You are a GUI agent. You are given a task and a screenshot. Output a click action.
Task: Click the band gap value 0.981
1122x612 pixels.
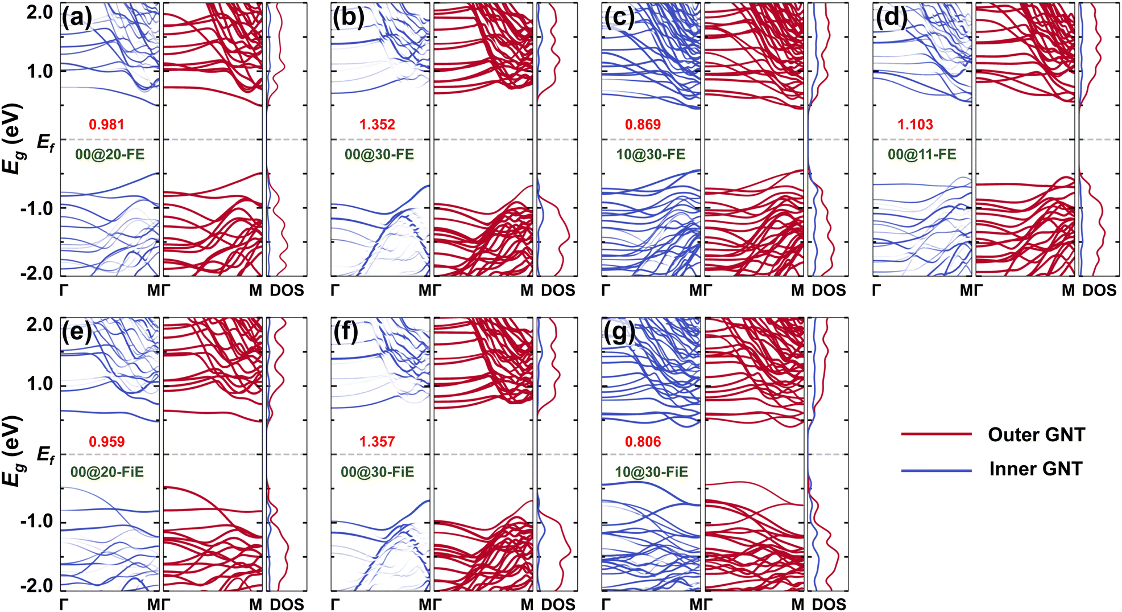(x=106, y=125)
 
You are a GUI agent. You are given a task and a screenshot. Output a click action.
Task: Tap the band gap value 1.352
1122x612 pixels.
(x=377, y=125)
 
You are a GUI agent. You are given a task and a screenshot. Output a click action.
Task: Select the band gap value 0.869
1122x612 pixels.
(x=643, y=125)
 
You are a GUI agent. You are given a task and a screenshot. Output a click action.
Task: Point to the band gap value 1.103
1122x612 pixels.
(x=915, y=125)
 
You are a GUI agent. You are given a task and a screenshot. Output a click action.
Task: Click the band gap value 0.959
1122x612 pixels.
(x=106, y=442)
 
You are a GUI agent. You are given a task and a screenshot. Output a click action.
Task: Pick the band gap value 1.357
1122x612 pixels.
(x=377, y=442)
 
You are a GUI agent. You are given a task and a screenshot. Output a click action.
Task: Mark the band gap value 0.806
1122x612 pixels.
(x=643, y=442)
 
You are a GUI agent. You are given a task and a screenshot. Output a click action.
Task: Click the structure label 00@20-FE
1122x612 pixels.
(x=110, y=154)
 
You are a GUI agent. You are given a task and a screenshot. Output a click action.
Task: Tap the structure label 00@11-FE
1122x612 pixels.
(x=922, y=154)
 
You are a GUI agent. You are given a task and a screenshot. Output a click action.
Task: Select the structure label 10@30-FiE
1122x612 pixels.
(x=651, y=472)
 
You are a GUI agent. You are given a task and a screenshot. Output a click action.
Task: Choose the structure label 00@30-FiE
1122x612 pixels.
(x=378, y=472)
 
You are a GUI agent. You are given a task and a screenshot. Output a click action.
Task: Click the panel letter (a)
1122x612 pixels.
(x=77, y=18)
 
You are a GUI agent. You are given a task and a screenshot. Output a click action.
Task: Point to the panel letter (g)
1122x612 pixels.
(x=619, y=333)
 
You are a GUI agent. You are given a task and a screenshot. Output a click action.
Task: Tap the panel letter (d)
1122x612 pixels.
(x=891, y=18)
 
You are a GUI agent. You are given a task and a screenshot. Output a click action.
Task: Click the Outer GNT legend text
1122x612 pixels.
(x=1036, y=435)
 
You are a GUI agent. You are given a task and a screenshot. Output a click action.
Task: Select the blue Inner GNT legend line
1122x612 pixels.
(x=936, y=470)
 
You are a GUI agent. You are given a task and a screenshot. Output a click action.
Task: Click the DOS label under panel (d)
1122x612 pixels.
(x=1099, y=290)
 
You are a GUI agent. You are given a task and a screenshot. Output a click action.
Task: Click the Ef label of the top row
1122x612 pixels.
(x=46, y=142)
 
